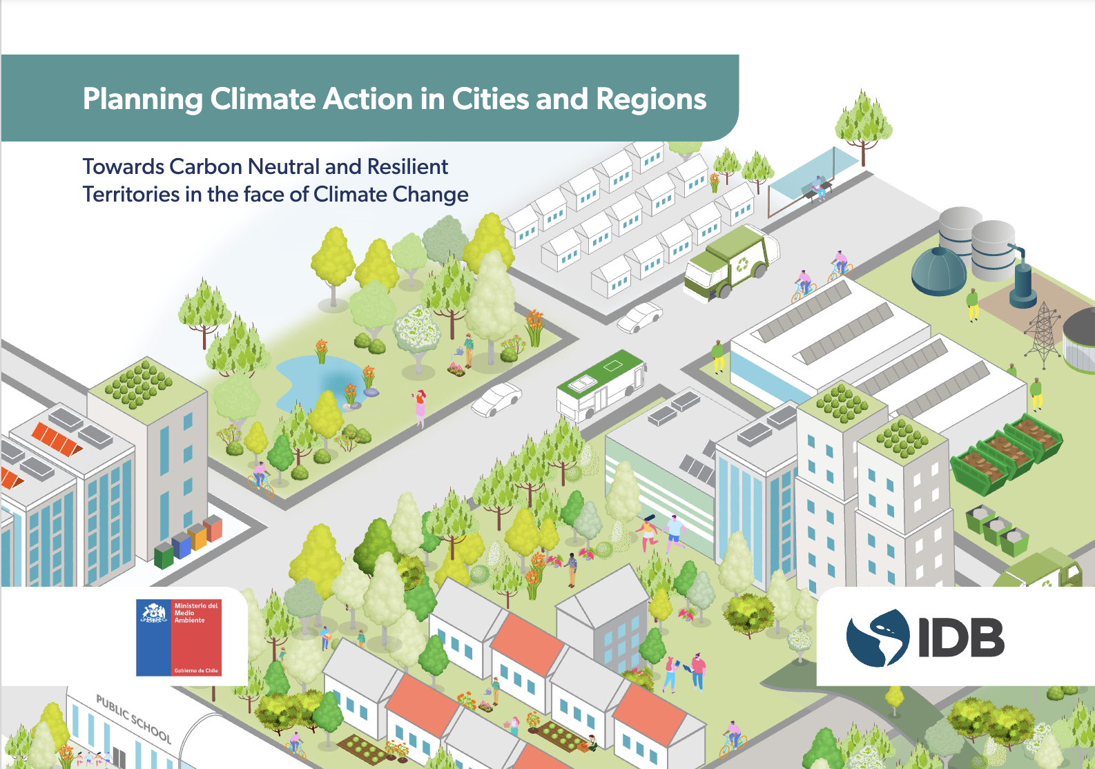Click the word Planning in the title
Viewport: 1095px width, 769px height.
pos(142,99)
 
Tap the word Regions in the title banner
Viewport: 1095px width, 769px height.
pos(651,99)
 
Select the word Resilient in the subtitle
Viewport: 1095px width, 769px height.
pos(407,167)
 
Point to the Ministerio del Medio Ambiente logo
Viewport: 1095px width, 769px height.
pos(179,637)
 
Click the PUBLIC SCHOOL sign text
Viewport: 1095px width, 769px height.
pos(133,718)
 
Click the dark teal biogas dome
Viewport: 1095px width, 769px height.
pos(938,271)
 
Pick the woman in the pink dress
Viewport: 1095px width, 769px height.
pos(420,408)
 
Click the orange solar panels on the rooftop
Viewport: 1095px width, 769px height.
pos(57,439)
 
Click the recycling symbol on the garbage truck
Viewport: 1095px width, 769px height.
pos(742,263)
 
